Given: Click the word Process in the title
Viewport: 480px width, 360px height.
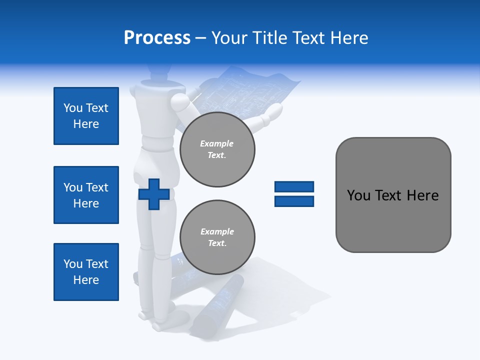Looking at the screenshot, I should pyautogui.click(x=157, y=37).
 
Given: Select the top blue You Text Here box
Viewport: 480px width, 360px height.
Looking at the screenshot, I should pyautogui.click(x=86, y=116).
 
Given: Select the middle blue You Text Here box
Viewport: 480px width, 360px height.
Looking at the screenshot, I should pyautogui.click(x=86, y=195).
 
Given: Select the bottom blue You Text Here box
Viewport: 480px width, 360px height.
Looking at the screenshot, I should pyautogui.click(x=86, y=272).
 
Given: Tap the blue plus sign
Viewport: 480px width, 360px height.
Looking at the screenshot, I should pyautogui.click(x=153, y=194).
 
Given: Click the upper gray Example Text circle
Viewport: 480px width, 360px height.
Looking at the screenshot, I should pyautogui.click(x=217, y=149).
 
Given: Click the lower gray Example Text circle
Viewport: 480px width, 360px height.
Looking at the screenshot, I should pyautogui.click(x=217, y=237).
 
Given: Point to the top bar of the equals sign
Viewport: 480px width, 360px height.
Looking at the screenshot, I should pyautogui.click(x=294, y=187).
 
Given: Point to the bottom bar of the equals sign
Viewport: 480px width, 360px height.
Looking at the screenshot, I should pyautogui.click(x=294, y=201).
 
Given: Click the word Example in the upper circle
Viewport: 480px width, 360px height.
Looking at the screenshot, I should pyautogui.click(x=216, y=143).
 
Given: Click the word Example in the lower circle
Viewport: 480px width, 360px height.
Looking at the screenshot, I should pyautogui.click(x=217, y=231).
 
